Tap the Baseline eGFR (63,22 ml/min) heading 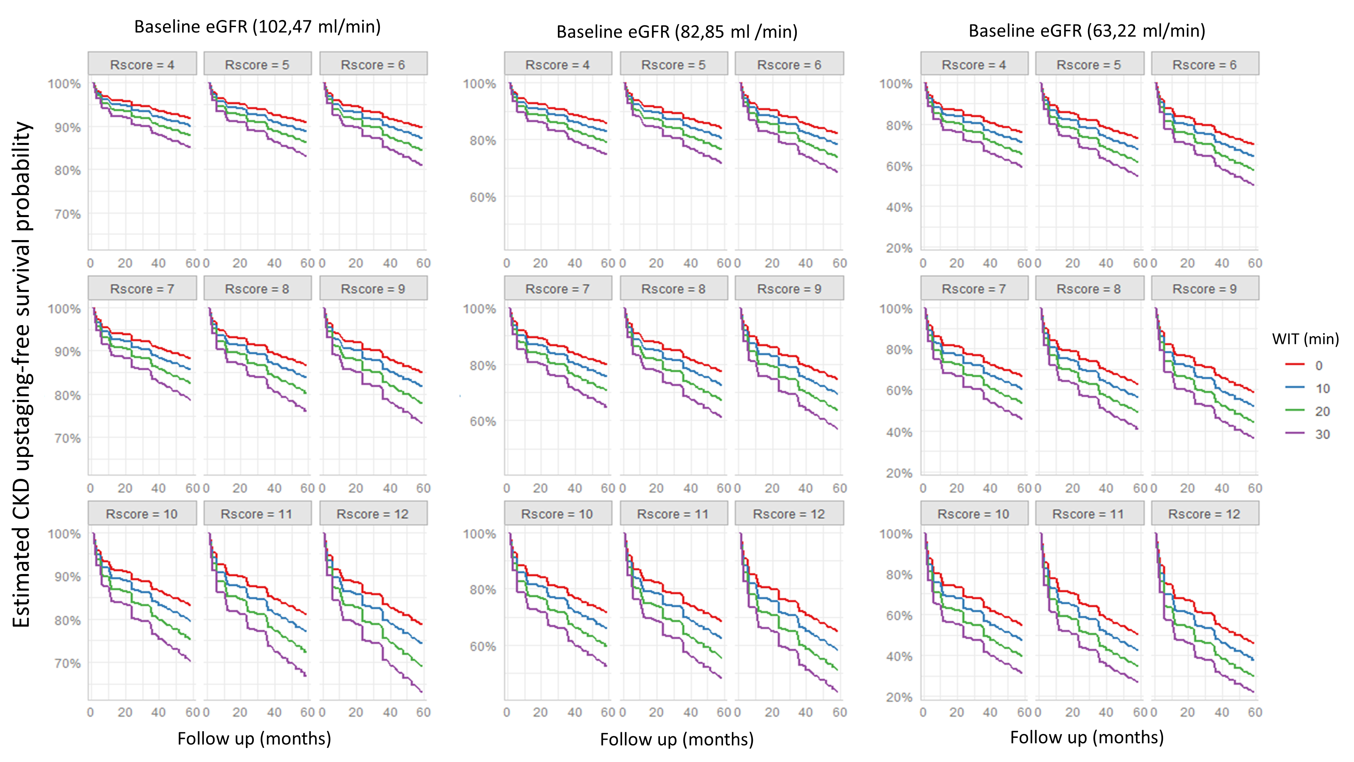point(1087,30)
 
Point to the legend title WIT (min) point(1305,339)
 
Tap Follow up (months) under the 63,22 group point(1087,737)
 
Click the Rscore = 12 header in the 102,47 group point(373,514)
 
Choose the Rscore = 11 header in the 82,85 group point(673,514)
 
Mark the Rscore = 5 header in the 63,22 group point(1089,65)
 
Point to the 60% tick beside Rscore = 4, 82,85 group point(482,197)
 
